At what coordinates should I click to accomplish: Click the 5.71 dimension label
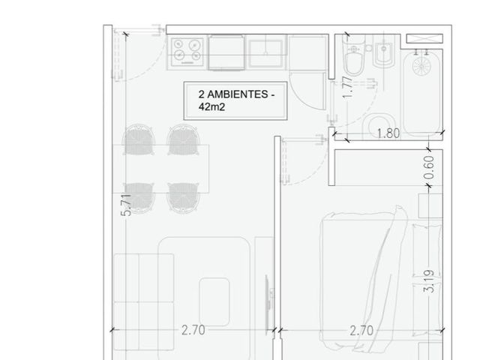pos(126,205)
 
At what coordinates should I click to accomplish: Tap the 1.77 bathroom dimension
pos(348,87)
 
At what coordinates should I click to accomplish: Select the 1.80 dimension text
pos(388,133)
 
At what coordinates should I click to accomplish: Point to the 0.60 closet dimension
pos(430,167)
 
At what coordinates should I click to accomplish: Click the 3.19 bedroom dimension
pos(428,281)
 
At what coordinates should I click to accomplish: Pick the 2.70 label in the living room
pos(193,330)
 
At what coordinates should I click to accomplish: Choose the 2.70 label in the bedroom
pos(361,331)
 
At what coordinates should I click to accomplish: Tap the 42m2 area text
pos(211,106)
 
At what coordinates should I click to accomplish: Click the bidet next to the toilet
pos(384,52)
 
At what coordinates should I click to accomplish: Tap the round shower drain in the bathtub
pos(421,67)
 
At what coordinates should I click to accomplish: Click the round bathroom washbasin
pos(380,126)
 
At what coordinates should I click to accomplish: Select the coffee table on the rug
pos(214,301)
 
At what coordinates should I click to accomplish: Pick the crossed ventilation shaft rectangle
pos(424,38)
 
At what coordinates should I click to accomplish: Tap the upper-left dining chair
pos(138,139)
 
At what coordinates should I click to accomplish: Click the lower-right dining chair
pos(183,198)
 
